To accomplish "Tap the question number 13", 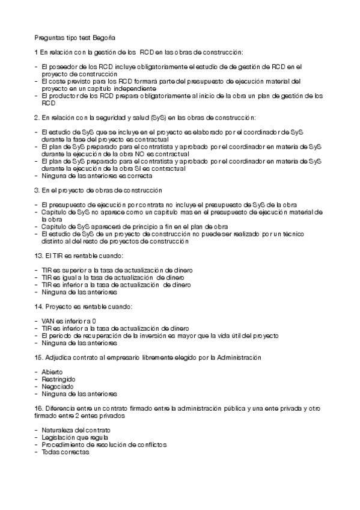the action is (38, 256).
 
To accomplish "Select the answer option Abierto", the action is (53, 373).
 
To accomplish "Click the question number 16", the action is (38, 409).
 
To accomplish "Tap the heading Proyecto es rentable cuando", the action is (88, 307).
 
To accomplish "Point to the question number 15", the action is (38, 358).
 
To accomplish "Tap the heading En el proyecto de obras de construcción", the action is (102, 190).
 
